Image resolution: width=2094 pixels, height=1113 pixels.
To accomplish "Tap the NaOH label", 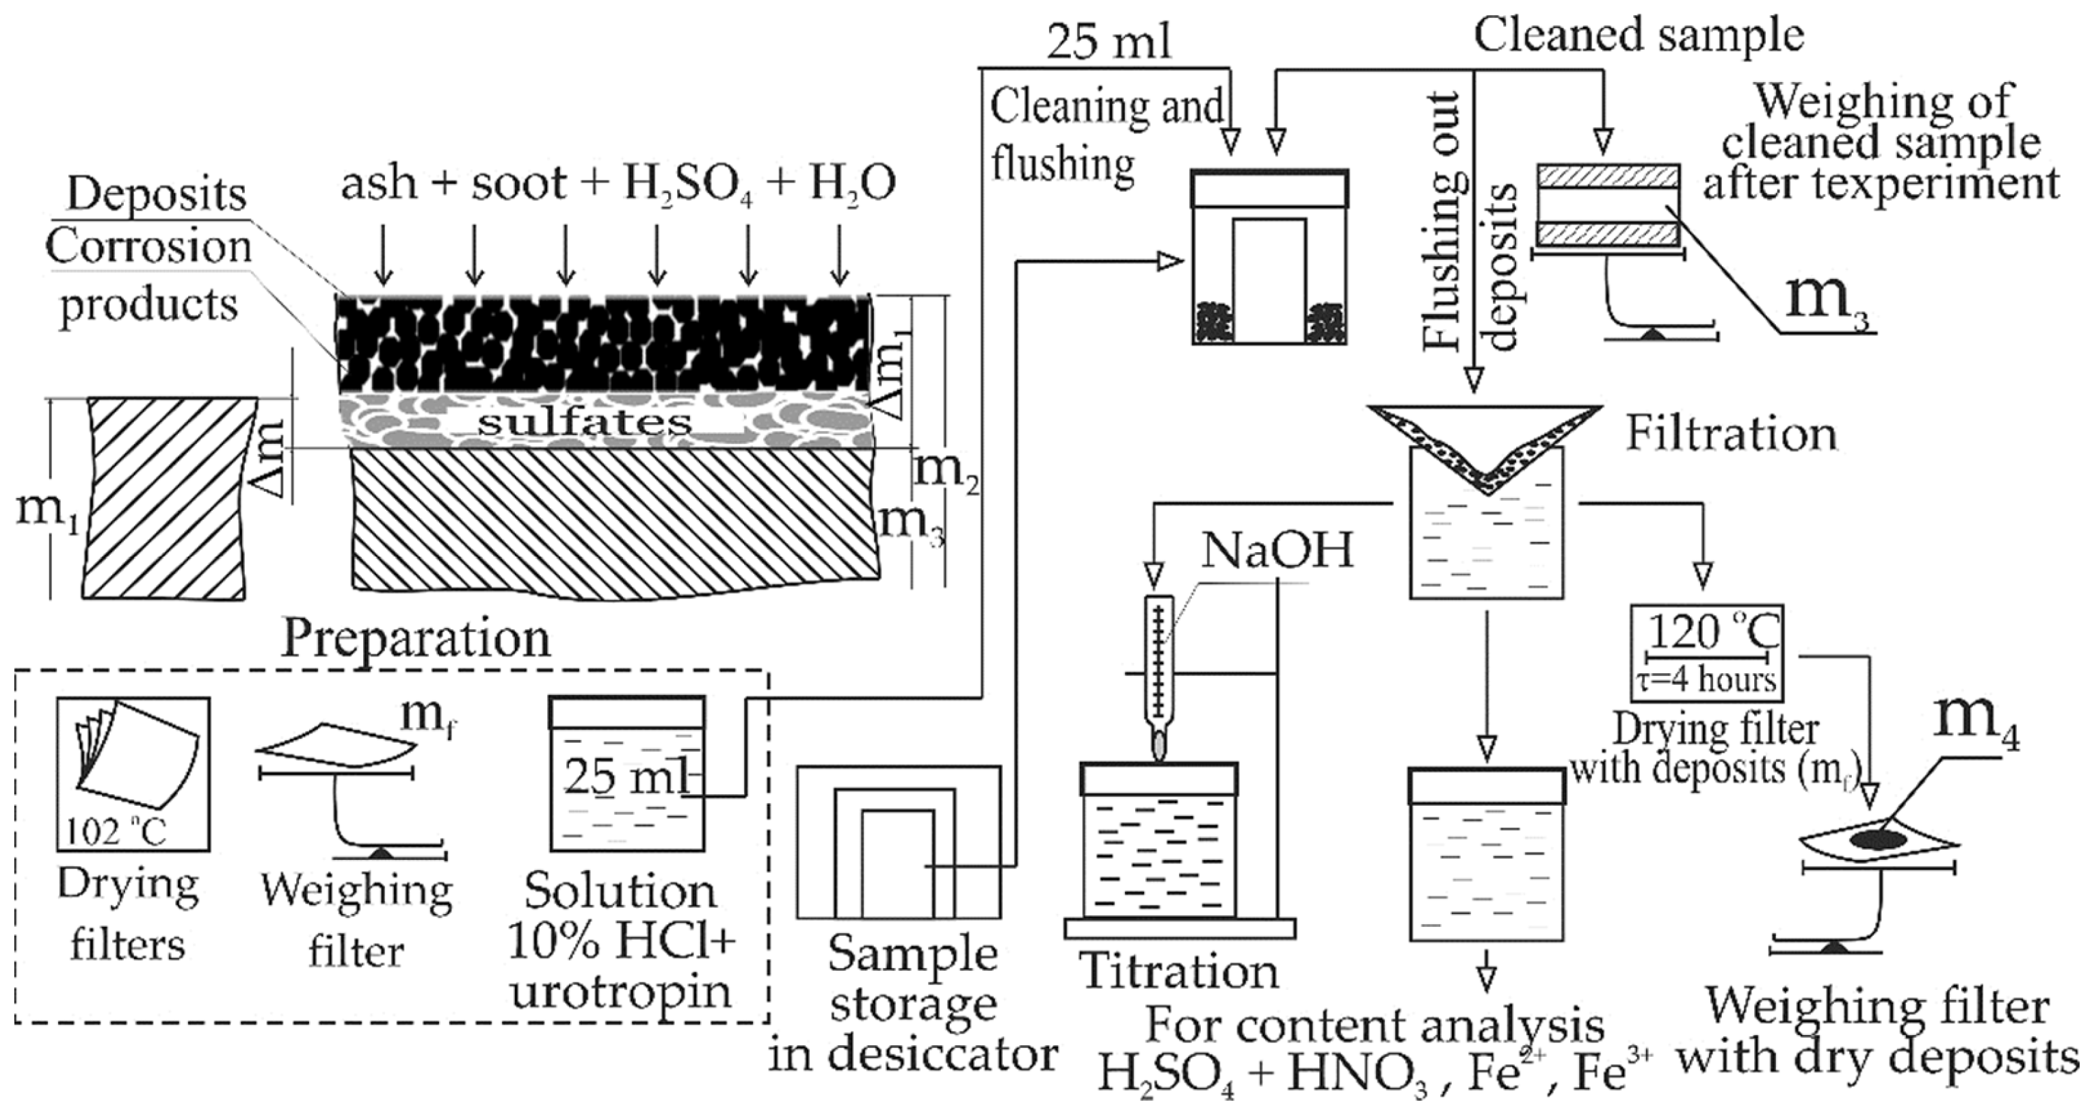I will pyautogui.click(x=1278, y=551).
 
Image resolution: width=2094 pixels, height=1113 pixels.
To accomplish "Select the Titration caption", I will pyautogui.click(x=1179, y=971).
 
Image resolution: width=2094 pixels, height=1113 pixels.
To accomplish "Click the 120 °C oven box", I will pyautogui.click(x=1706, y=653).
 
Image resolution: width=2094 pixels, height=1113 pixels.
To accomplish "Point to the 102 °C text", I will pyautogui.click(x=116, y=832).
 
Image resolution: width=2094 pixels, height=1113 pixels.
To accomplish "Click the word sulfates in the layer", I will pyautogui.click(x=585, y=422).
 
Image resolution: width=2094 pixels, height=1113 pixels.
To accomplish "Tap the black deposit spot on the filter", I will pyautogui.click(x=1878, y=840).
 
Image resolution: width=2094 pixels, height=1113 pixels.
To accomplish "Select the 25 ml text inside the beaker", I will pyautogui.click(x=626, y=776).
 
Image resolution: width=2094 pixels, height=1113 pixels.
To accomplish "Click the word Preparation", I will pyautogui.click(x=416, y=639).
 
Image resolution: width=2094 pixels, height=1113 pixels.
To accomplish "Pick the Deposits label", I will pyautogui.click(x=156, y=194).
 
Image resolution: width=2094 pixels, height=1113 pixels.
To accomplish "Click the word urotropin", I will pyautogui.click(x=621, y=992).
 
